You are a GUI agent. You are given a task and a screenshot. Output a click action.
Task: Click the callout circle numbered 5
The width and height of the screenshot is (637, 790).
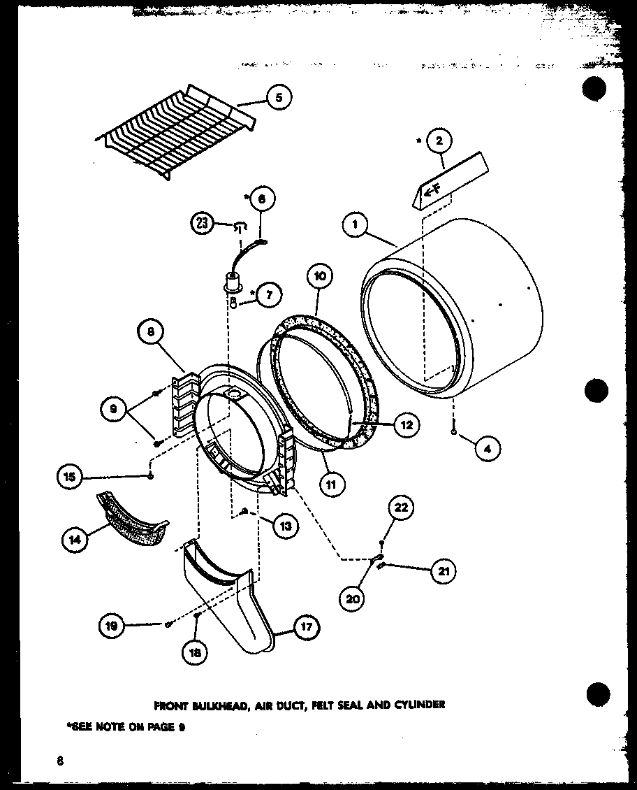(278, 99)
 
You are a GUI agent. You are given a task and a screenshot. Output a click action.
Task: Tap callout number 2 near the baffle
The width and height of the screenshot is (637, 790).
(439, 142)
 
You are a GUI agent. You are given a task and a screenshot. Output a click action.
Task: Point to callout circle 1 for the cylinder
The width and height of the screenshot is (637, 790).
(356, 224)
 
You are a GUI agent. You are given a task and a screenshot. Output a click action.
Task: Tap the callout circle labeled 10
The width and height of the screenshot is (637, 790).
(319, 277)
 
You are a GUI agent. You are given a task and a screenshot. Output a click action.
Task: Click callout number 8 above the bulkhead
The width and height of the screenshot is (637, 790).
(151, 333)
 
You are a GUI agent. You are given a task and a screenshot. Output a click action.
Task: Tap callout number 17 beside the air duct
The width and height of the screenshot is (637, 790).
(306, 627)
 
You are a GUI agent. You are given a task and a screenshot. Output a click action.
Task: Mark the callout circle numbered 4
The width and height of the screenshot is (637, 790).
(487, 450)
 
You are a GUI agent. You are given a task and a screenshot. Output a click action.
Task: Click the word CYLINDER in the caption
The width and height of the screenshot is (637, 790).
(418, 704)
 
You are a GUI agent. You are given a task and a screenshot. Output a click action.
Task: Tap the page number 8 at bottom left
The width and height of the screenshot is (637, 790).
(61, 761)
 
